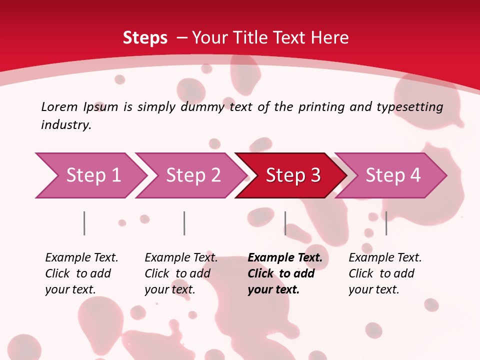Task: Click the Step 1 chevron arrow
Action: coord(92,175)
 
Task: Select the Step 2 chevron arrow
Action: coord(192,175)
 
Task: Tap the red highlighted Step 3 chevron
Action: coord(292,175)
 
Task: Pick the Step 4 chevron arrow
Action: coord(392,175)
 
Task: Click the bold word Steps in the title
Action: coord(145,37)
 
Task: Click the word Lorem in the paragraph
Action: coord(59,106)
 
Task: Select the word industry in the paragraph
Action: coord(65,124)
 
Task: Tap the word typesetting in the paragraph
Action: coord(410,107)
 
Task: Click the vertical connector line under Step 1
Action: coord(84,223)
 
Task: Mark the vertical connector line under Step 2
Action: coord(184,223)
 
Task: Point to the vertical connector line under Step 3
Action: coord(285,223)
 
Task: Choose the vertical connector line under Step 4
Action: coord(386,223)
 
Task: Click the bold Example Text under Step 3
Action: coord(285,257)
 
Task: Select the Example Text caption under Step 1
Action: coord(81,257)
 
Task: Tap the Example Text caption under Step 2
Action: coord(181,257)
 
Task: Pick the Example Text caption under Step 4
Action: coord(385,257)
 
